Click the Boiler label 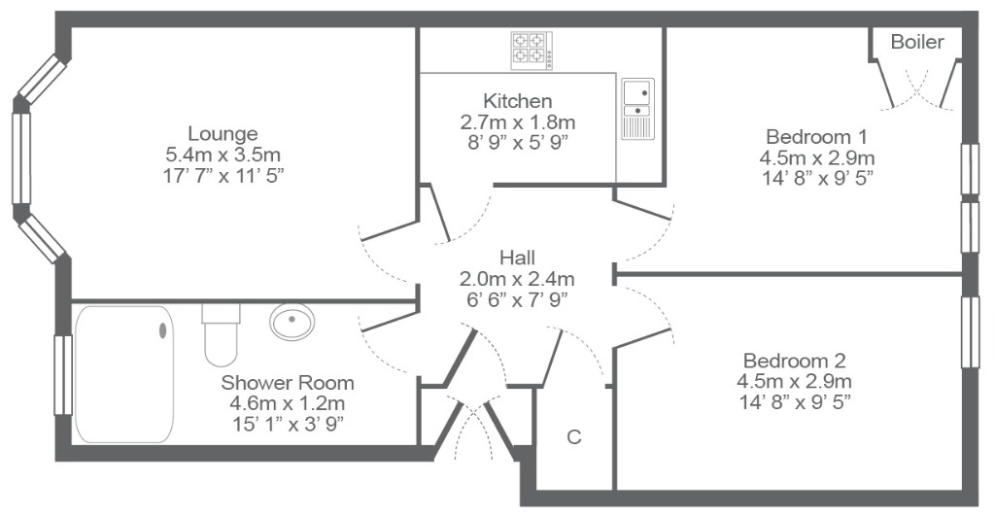click(x=917, y=42)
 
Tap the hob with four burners click(x=532, y=51)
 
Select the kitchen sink click(x=637, y=109)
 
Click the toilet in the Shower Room click(x=221, y=334)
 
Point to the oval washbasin click(x=292, y=322)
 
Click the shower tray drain click(x=163, y=330)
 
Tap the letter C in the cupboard click(x=573, y=437)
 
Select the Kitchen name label click(x=517, y=101)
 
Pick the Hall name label click(x=517, y=258)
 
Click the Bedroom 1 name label click(x=816, y=136)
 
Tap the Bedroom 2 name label click(x=795, y=361)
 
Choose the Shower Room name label click(x=288, y=383)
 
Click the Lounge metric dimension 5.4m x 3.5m click(x=223, y=155)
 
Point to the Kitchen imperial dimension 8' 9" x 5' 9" click(x=517, y=142)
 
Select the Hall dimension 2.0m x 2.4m click(x=517, y=278)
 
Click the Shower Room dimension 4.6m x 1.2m click(x=288, y=403)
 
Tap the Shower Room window click(x=63, y=374)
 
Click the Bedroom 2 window click(x=971, y=331)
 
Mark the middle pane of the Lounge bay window click(x=21, y=158)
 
